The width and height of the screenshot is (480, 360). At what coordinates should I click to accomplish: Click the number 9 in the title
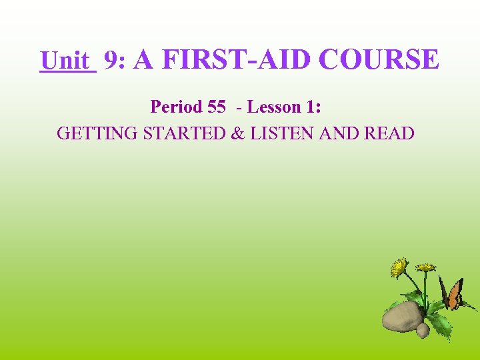click(113, 61)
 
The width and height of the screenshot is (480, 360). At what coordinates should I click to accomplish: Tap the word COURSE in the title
click(379, 60)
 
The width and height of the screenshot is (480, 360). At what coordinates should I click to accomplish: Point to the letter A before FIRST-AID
click(144, 60)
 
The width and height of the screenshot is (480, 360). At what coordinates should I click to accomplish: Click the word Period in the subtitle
click(175, 107)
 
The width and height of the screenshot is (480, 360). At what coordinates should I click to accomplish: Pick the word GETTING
click(98, 133)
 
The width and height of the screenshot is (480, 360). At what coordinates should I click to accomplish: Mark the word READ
click(389, 133)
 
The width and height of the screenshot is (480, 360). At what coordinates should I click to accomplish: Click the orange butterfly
click(453, 293)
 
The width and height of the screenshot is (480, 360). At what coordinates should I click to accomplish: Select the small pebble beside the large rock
click(423, 329)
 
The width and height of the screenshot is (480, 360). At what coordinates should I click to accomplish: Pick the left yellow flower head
click(399, 267)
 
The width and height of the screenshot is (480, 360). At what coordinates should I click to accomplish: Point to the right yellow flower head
click(425, 267)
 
